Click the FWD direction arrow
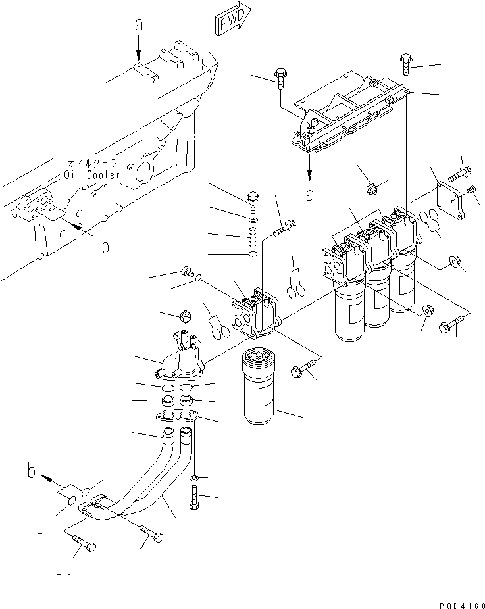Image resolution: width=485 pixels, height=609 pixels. [233, 16]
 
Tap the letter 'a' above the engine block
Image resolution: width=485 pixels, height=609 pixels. [139, 26]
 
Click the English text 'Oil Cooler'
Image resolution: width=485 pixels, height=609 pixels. [92, 175]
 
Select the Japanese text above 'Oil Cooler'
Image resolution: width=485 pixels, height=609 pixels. [92, 163]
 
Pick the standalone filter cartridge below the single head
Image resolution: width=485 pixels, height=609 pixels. [261, 388]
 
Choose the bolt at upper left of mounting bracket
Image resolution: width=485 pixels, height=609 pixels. [281, 76]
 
